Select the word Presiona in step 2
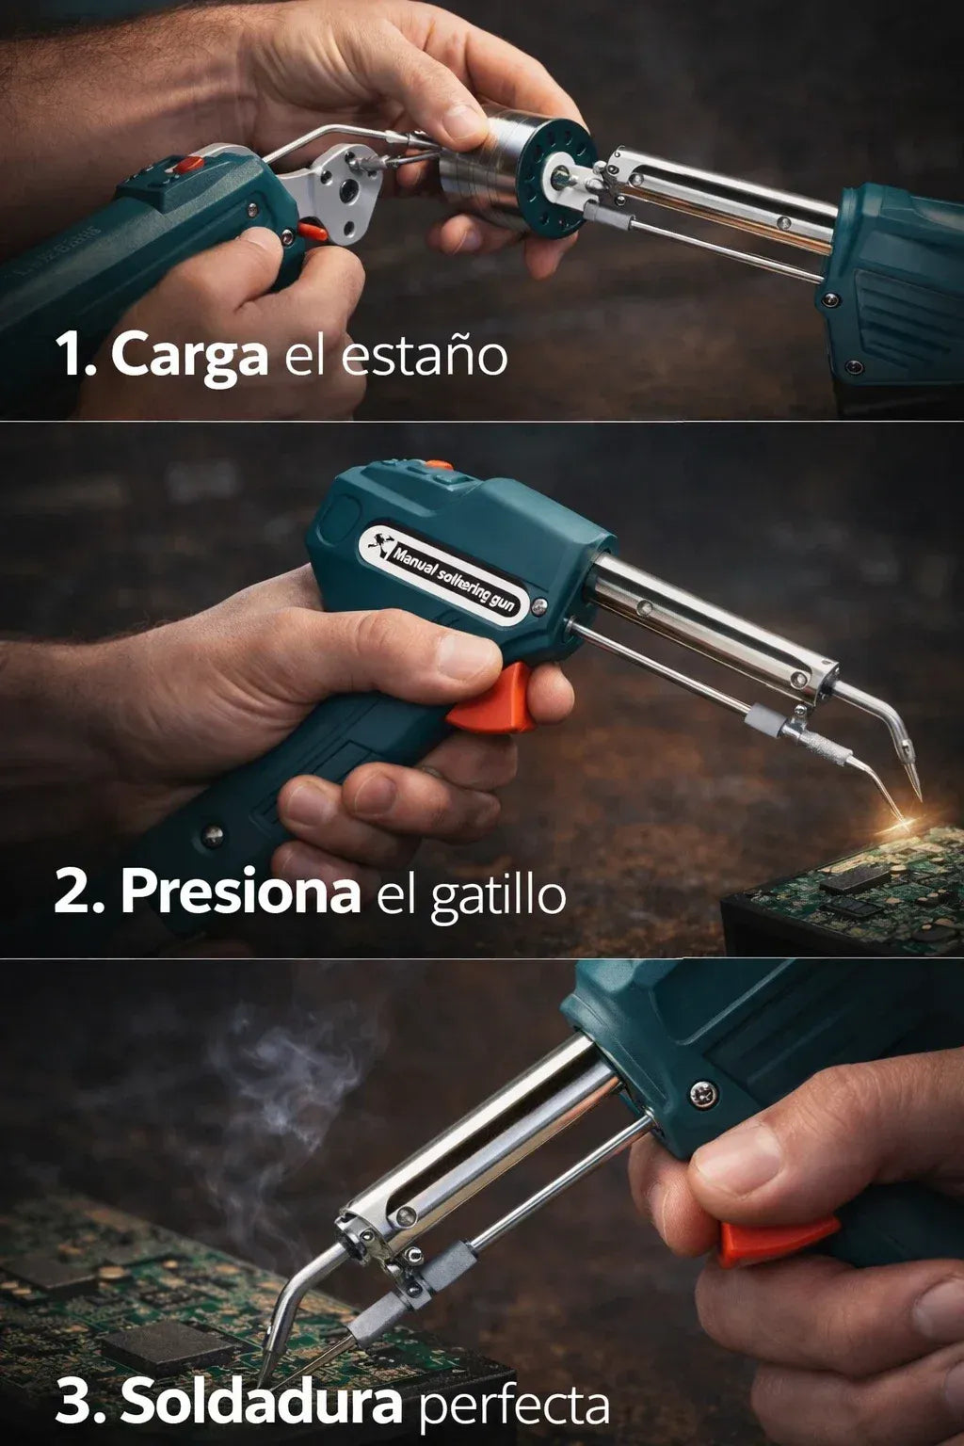tap(240, 892)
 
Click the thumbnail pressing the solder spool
tap(463, 120)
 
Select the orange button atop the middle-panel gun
tap(439, 464)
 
